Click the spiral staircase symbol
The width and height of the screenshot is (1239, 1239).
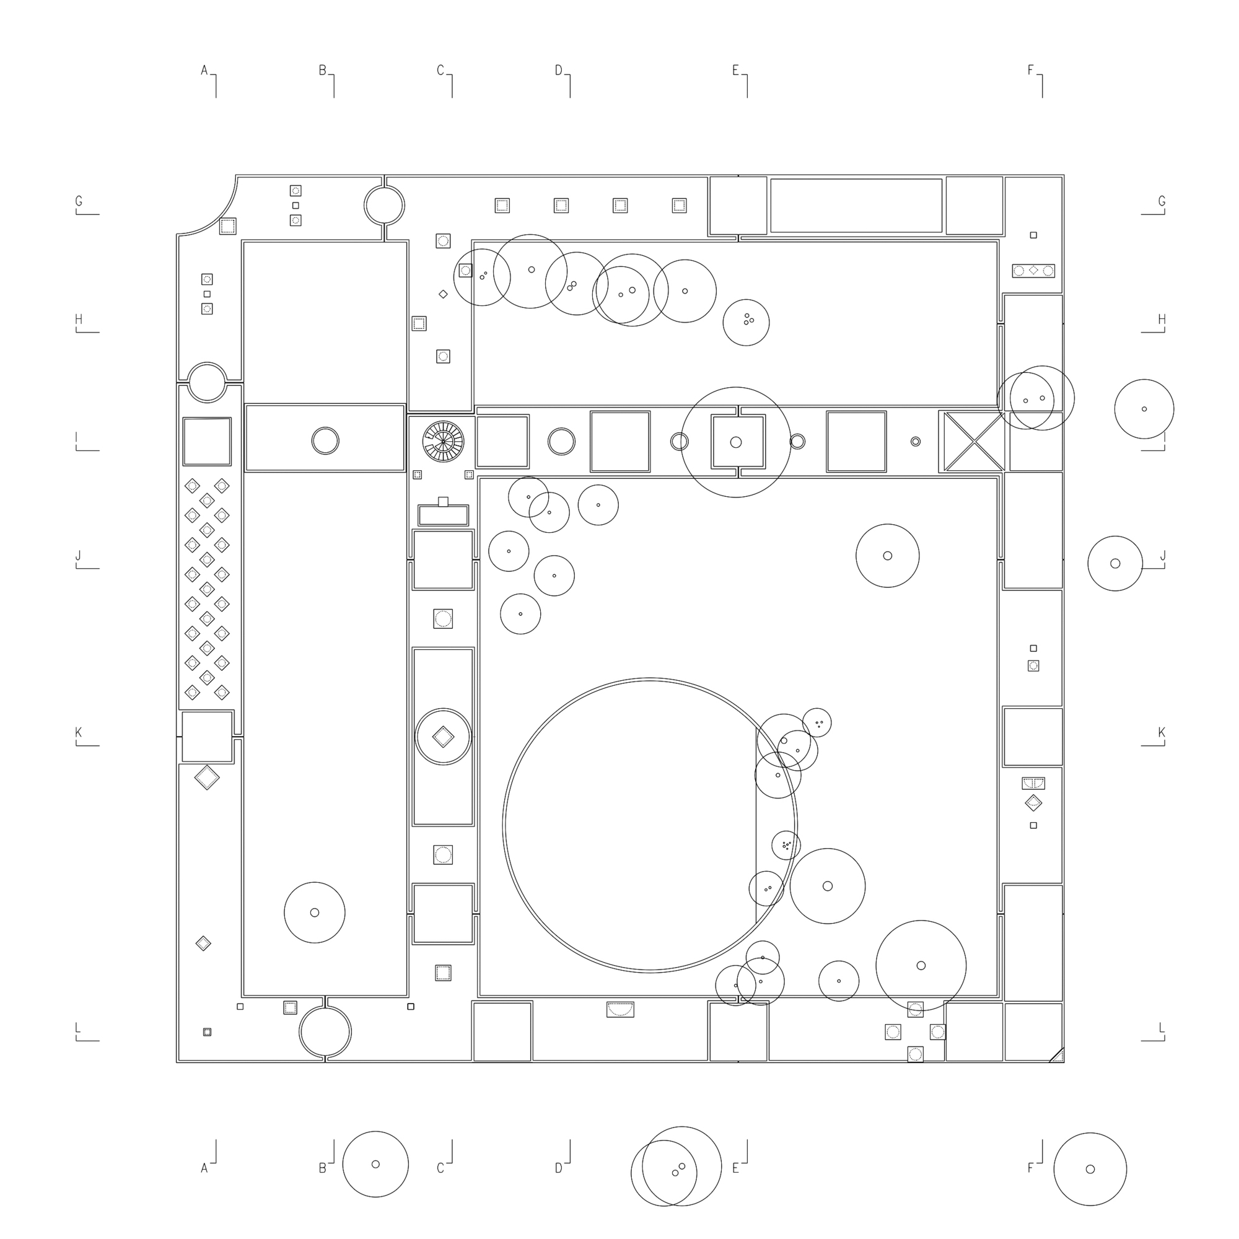(443, 441)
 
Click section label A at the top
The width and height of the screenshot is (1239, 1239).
(204, 70)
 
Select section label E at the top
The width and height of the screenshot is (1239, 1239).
(735, 70)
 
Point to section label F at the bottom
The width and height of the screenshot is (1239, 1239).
(1031, 1168)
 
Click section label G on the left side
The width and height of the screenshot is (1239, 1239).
(79, 201)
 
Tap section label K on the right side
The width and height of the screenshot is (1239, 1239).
(1162, 732)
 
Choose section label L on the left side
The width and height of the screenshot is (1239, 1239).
(78, 1028)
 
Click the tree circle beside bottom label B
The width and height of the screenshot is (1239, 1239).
(375, 1164)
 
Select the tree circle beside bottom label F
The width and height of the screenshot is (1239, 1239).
(1090, 1169)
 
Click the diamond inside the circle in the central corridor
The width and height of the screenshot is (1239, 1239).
(443, 736)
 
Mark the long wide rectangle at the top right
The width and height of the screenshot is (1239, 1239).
(856, 205)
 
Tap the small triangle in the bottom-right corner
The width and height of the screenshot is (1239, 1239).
(1058, 1056)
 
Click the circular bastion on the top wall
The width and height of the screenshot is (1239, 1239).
(384, 205)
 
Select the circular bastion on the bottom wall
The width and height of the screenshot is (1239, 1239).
(325, 1032)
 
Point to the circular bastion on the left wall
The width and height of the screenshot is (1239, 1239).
(207, 382)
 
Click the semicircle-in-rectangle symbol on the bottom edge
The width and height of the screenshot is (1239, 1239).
(620, 1009)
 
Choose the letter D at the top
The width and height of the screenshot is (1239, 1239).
(559, 70)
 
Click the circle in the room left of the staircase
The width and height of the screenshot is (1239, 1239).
(325, 441)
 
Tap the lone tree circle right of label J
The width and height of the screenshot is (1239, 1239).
(1115, 563)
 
